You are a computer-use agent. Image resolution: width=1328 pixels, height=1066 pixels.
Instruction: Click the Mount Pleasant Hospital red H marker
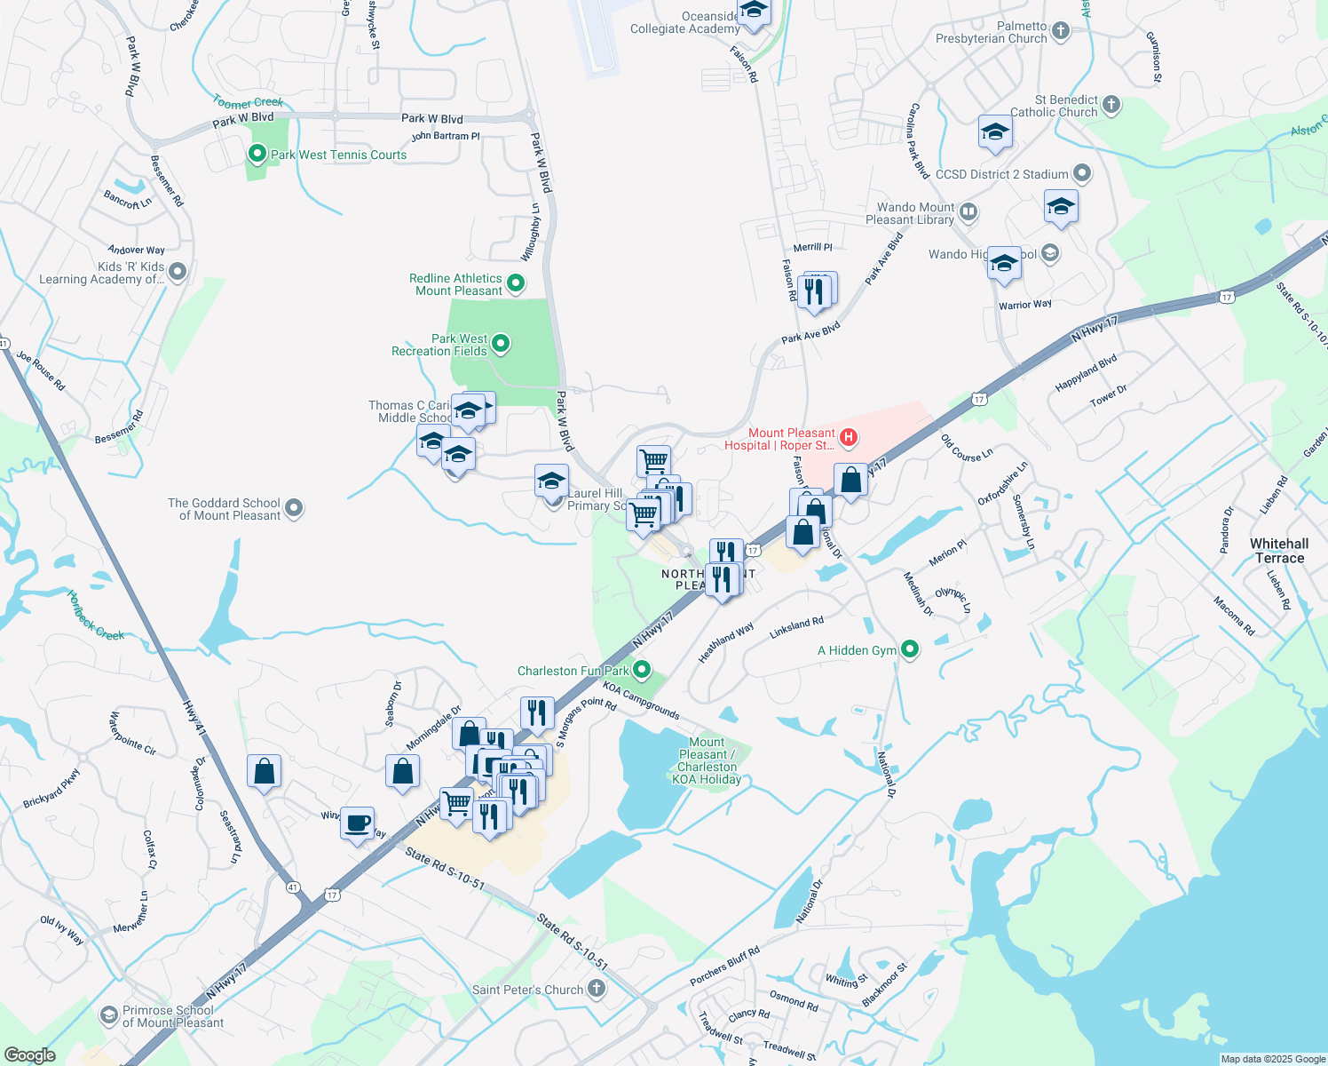pyautogui.click(x=849, y=436)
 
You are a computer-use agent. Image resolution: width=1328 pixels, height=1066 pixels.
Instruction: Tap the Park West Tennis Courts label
pyautogui.click(x=338, y=155)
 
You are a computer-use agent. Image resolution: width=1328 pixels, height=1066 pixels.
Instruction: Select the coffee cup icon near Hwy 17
pyautogui.click(x=357, y=823)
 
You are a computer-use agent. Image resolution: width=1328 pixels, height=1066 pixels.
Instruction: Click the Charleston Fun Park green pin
pyautogui.click(x=642, y=670)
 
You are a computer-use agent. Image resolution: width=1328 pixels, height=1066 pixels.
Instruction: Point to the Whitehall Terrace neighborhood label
pyautogui.click(x=1279, y=551)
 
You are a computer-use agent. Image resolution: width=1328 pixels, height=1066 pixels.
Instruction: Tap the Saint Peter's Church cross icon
pyautogui.click(x=597, y=988)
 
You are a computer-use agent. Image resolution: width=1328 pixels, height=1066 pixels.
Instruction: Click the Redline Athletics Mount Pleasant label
pyautogui.click(x=456, y=284)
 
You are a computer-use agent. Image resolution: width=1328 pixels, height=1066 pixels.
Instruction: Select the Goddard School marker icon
pyautogui.click(x=294, y=508)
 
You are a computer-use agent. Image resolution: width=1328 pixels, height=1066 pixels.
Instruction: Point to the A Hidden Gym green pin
pyautogui.click(x=910, y=649)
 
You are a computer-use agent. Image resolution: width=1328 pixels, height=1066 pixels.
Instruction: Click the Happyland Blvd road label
pyautogui.click(x=1086, y=373)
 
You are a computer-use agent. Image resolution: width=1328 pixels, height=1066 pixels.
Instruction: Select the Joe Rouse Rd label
pyautogui.click(x=41, y=370)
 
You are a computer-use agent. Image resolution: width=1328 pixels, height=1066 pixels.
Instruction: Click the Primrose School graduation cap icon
pyautogui.click(x=108, y=1014)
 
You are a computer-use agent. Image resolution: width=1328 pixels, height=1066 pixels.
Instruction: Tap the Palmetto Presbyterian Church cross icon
pyautogui.click(x=1061, y=32)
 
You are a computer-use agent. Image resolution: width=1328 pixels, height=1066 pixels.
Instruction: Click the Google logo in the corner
pyautogui.click(x=29, y=1055)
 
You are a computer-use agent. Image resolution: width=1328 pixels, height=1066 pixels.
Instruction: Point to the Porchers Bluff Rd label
pyautogui.click(x=724, y=967)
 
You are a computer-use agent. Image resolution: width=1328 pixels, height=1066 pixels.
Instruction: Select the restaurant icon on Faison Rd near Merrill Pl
pyautogui.click(x=814, y=291)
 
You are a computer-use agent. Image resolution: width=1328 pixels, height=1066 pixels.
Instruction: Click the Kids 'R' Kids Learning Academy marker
pyautogui.click(x=178, y=272)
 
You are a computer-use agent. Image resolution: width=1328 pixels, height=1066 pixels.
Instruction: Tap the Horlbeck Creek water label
pyautogui.click(x=96, y=616)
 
